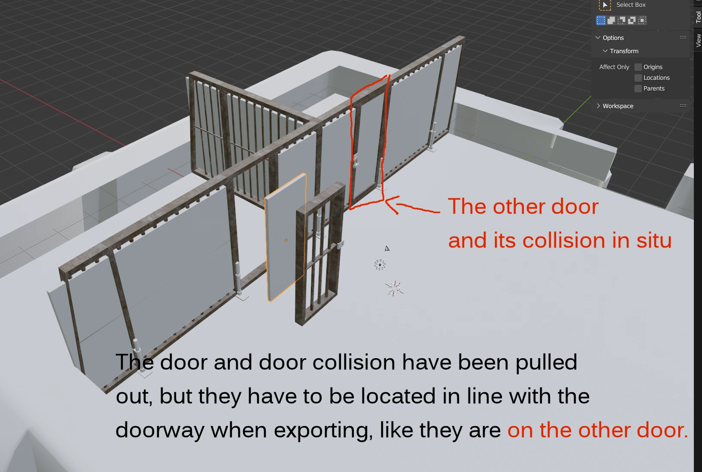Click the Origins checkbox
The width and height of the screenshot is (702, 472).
tap(638, 67)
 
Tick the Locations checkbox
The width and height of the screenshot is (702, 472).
tap(638, 78)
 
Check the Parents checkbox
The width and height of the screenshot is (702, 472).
tap(638, 88)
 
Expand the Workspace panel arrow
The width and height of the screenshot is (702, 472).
tap(598, 106)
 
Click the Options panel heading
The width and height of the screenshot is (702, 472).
tap(613, 38)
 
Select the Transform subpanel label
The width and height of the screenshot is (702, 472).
tap(624, 51)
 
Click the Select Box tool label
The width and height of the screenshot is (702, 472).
tap(631, 5)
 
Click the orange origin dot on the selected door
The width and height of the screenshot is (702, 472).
tap(286, 240)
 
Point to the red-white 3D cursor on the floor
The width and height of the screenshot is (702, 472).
tap(394, 288)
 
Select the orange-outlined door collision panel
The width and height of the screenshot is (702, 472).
tap(285, 237)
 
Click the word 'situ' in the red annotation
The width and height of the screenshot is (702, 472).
tap(654, 241)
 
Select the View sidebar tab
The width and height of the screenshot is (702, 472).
tap(698, 40)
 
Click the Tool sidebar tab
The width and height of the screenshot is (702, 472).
tap(698, 17)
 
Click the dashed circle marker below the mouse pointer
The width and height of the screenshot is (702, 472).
tap(380, 265)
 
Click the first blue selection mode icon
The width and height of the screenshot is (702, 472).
tap(601, 20)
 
